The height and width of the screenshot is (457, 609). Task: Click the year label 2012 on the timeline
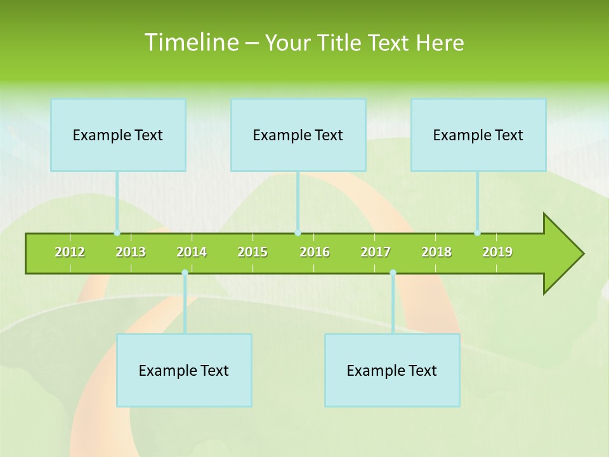tap(70, 252)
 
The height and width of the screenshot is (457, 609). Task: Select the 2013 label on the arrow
tap(131, 252)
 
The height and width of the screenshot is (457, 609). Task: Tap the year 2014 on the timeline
tap(192, 252)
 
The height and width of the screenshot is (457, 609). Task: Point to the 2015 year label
tap(252, 252)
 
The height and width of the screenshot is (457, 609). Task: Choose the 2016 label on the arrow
tap(315, 252)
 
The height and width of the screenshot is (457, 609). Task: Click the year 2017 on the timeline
tap(376, 252)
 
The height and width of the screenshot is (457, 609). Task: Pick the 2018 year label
tap(436, 252)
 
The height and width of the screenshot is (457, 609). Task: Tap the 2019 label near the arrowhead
tap(497, 252)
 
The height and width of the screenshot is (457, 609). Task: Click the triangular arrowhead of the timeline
tap(561, 254)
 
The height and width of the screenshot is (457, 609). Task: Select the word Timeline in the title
tap(190, 43)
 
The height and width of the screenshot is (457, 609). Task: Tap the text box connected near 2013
tap(118, 135)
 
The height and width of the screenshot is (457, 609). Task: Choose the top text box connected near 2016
tap(298, 135)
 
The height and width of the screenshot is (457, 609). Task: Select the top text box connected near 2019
tap(478, 135)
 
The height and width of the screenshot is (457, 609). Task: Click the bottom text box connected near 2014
tap(184, 370)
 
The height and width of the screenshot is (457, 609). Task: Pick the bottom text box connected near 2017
tap(392, 370)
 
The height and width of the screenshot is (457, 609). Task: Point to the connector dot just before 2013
tap(117, 233)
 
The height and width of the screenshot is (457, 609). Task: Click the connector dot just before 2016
tap(298, 233)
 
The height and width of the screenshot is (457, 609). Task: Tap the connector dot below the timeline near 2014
tap(185, 273)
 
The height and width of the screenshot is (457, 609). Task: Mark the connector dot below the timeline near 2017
tap(393, 273)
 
